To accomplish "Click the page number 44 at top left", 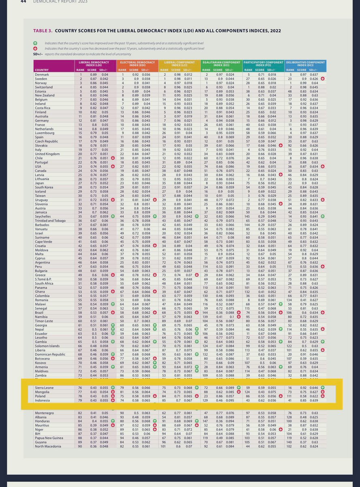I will tap(13, 1).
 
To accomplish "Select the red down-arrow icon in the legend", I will tap(36, 48).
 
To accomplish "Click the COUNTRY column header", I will tap(42, 69).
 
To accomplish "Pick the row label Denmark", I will tap(41, 74).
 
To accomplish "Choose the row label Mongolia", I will tap(42, 392).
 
